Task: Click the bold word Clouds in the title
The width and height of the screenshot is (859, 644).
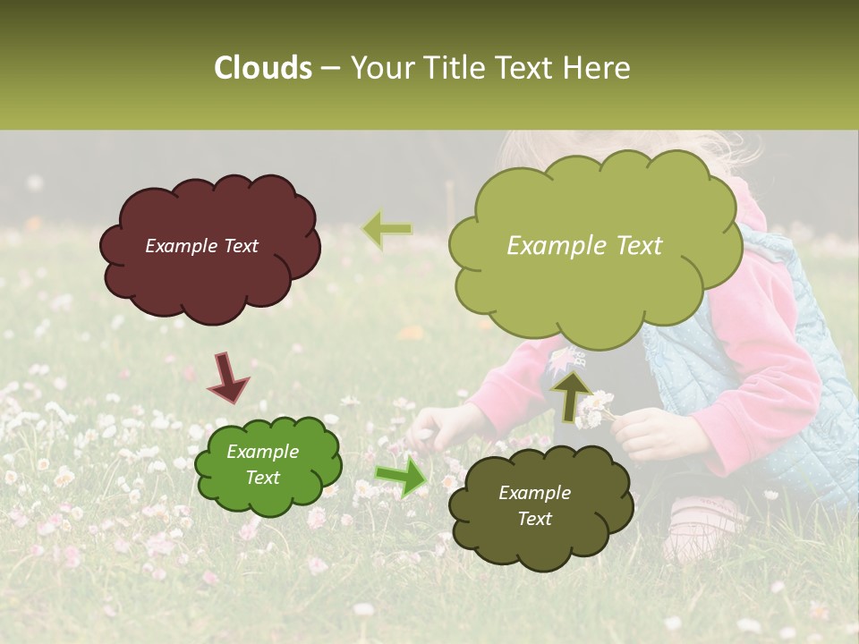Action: (x=263, y=68)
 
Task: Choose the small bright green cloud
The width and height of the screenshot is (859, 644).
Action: (x=268, y=464)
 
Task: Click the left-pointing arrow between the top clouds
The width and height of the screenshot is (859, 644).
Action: (x=387, y=230)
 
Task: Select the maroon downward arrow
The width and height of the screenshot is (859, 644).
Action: (x=228, y=377)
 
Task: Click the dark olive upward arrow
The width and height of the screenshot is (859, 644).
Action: (x=570, y=395)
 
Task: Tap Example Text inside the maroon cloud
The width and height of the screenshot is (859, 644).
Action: (x=201, y=246)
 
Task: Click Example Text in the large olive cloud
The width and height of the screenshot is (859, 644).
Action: (x=584, y=246)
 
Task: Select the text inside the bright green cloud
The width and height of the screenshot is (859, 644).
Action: (x=262, y=464)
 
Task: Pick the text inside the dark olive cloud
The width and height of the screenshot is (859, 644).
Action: (x=534, y=505)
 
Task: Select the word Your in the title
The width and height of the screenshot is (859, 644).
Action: (x=376, y=68)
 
